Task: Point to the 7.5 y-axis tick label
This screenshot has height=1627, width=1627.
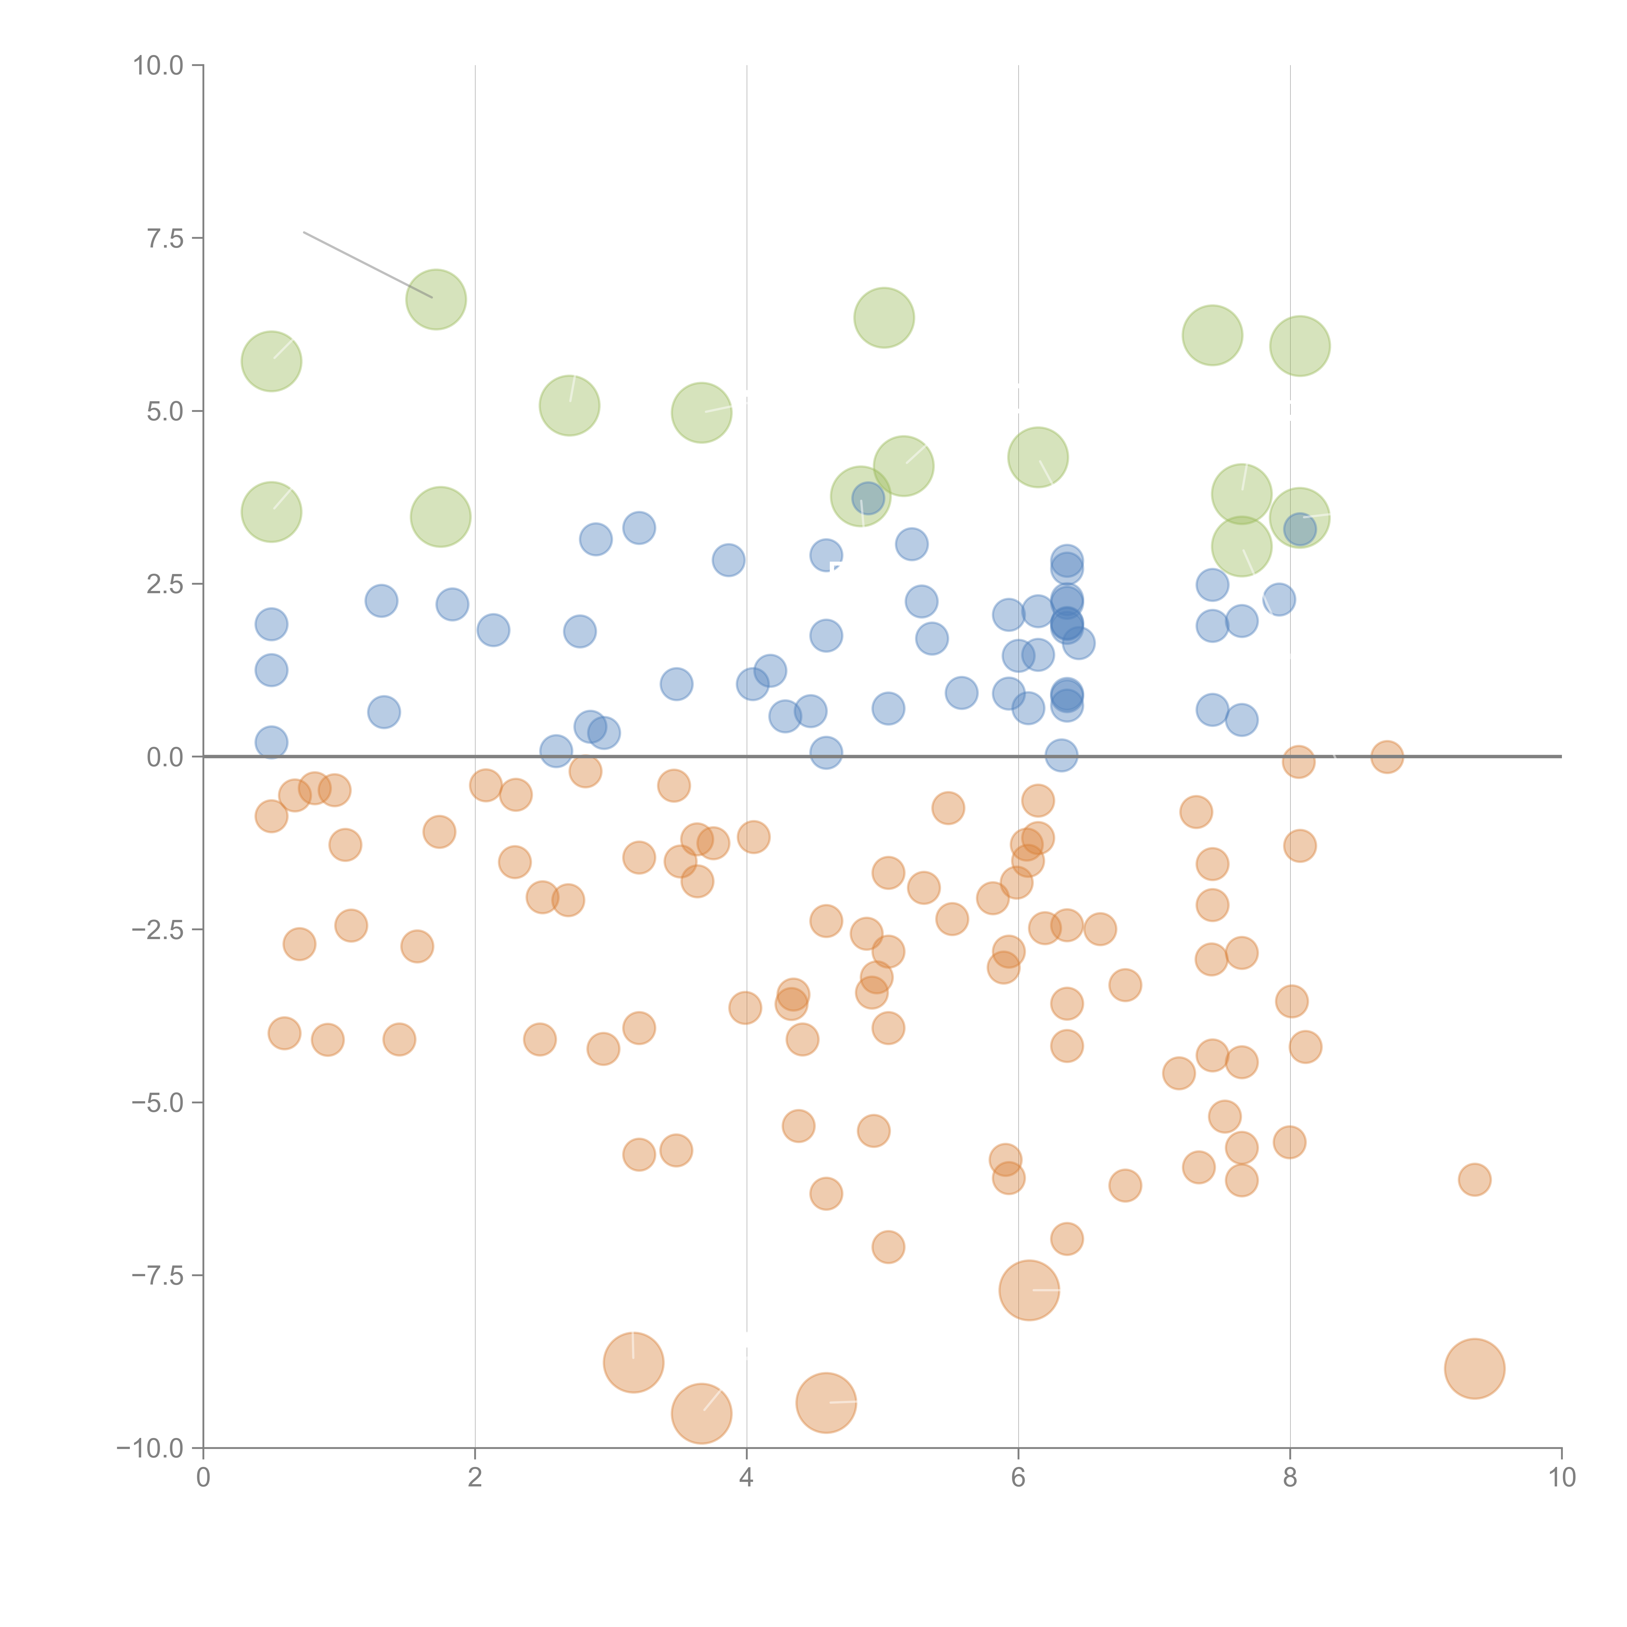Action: click(165, 238)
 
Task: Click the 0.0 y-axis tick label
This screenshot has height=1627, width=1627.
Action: click(165, 757)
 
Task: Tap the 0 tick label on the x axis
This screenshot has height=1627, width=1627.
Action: click(203, 1478)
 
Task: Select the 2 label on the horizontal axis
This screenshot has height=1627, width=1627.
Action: click(475, 1478)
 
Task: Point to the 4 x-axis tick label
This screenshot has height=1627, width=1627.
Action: click(746, 1478)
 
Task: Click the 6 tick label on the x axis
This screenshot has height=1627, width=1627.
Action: click(1018, 1478)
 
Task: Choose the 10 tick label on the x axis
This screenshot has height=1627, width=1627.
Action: click(1561, 1478)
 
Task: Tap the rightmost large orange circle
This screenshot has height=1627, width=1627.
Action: click(1475, 1368)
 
